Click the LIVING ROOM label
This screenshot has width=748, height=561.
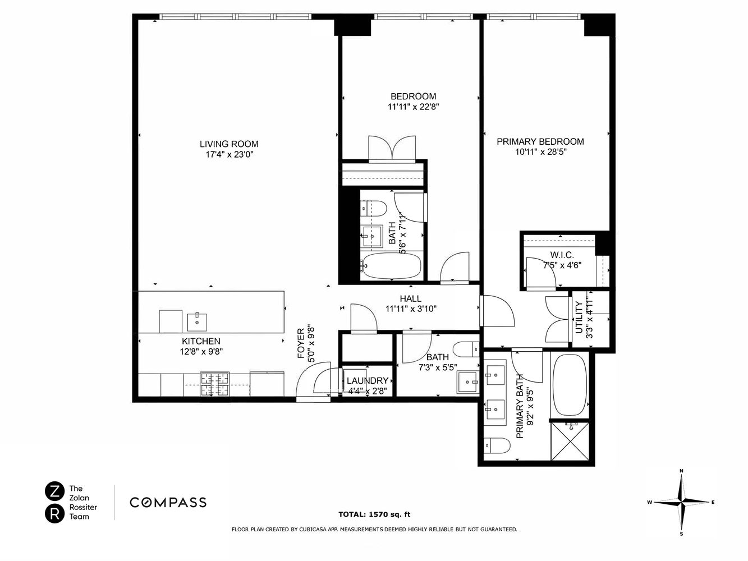pos(229,144)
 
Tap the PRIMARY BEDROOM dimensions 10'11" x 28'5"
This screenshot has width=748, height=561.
pos(540,152)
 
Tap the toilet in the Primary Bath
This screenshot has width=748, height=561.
pos(496,446)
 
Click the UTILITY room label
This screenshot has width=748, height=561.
pos(579,318)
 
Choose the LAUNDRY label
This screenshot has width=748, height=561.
pos(368,380)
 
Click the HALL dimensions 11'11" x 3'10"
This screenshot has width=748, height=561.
pos(411,309)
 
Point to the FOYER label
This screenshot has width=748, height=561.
pos(301,343)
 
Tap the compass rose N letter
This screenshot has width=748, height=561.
pos(681,471)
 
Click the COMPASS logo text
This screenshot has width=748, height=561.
pos(168,502)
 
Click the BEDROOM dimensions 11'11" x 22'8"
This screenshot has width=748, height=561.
pos(413,107)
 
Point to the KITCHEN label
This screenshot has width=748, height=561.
pos(200,341)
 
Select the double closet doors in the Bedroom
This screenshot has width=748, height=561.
pos(392,149)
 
